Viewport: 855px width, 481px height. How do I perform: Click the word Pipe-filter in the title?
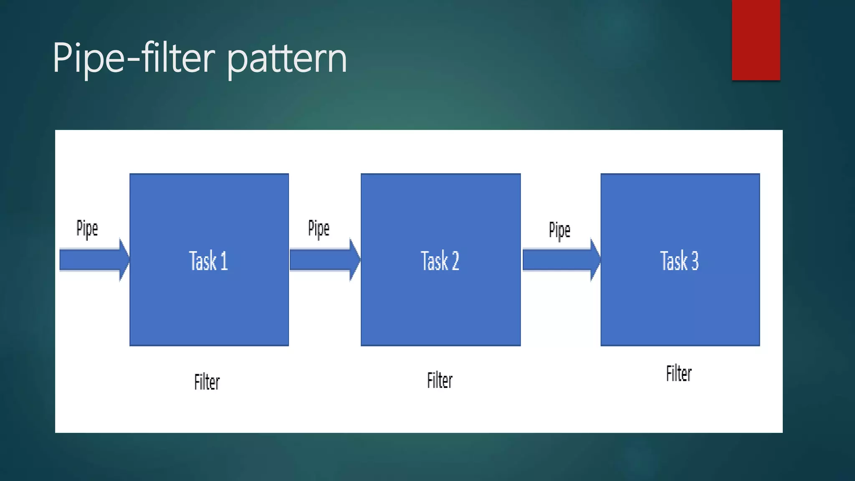tap(134, 58)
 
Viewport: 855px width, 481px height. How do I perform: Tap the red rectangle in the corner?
tap(756, 40)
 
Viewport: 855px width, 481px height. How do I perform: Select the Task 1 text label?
tap(208, 261)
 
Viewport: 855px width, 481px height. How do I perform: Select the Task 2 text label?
tap(440, 261)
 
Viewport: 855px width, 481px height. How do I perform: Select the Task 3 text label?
tap(679, 261)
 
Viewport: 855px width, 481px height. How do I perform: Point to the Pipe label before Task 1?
tap(87, 229)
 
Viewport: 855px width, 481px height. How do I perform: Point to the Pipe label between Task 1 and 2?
tap(319, 229)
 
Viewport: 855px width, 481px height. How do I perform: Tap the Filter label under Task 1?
tap(207, 382)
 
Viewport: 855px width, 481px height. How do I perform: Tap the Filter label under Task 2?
tap(440, 380)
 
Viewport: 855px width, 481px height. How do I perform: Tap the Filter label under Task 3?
tap(679, 373)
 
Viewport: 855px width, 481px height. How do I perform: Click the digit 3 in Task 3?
tap(695, 261)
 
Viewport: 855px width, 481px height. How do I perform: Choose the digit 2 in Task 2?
tap(455, 261)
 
